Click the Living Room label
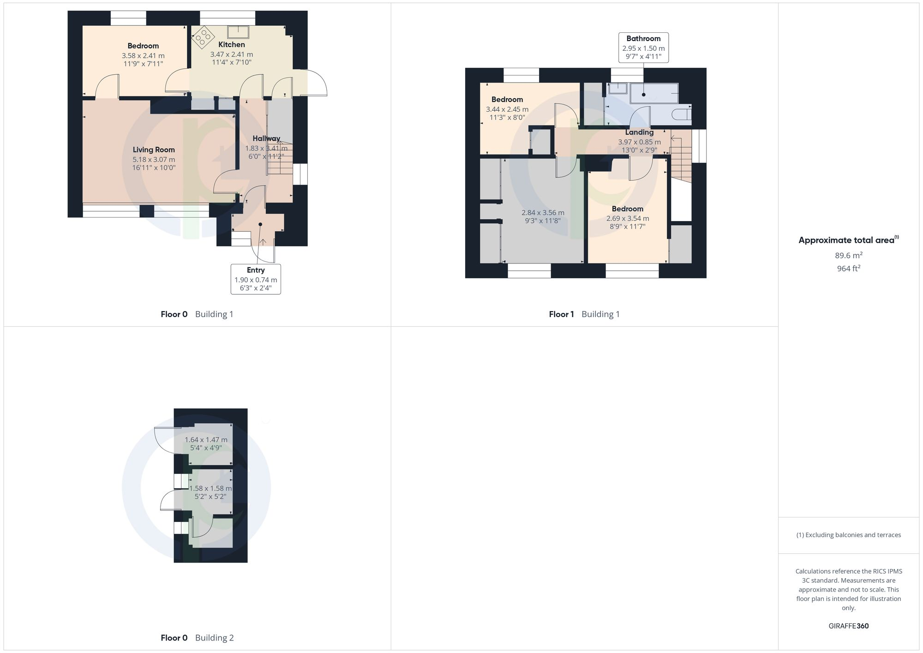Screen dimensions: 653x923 tap(154, 150)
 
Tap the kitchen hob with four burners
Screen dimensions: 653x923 tap(203, 36)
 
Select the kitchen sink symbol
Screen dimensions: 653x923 tap(238, 32)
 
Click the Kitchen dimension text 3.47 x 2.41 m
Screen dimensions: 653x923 tap(232, 54)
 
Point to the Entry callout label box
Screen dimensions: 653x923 tap(256, 279)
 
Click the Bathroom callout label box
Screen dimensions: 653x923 tap(643, 48)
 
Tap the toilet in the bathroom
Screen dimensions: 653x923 tap(682, 114)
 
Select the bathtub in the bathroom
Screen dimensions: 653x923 tap(654, 93)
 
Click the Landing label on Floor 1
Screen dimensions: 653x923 tap(639, 132)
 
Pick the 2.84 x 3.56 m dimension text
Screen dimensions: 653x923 tap(543, 213)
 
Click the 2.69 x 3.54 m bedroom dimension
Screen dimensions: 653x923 tap(628, 218)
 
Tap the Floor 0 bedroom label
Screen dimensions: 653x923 tap(143, 46)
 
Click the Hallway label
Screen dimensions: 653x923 tap(266, 138)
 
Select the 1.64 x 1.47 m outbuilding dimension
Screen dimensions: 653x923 tap(206, 440)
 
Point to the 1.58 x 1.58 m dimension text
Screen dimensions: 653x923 tap(210, 488)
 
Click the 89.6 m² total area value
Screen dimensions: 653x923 tap(849, 255)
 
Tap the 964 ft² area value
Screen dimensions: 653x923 tap(849, 269)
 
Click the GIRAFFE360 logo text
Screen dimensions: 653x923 tap(849, 626)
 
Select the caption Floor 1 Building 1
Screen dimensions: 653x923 tap(584, 314)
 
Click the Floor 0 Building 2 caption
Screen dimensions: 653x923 tap(197, 638)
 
